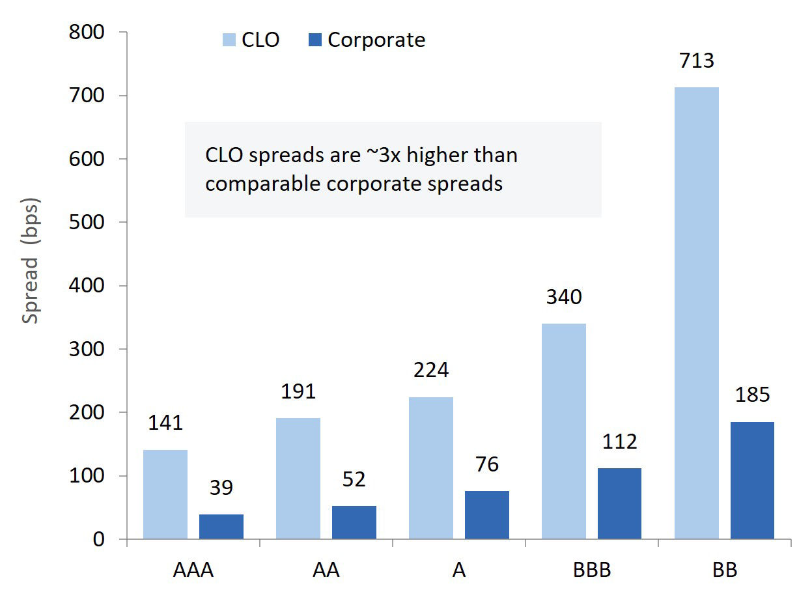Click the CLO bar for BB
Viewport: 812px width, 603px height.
(696, 313)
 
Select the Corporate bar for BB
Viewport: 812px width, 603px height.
(752, 481)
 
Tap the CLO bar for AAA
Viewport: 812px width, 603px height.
(165, 494)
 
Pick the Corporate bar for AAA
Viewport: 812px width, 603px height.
(221, 527)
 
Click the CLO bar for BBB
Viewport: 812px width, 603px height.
(563, 431)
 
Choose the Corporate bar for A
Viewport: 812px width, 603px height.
(486, 515)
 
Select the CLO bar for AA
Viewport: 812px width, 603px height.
(298, 479)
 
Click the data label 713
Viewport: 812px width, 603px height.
(696, 61)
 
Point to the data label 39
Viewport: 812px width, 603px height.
(221, 488)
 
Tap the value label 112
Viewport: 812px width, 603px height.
(619, 442)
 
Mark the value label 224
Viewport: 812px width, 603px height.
(430, 371)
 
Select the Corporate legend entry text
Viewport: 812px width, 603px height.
(376, 40)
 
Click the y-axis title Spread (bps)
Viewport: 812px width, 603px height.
(31, 260)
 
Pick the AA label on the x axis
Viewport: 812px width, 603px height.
(325, 570)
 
